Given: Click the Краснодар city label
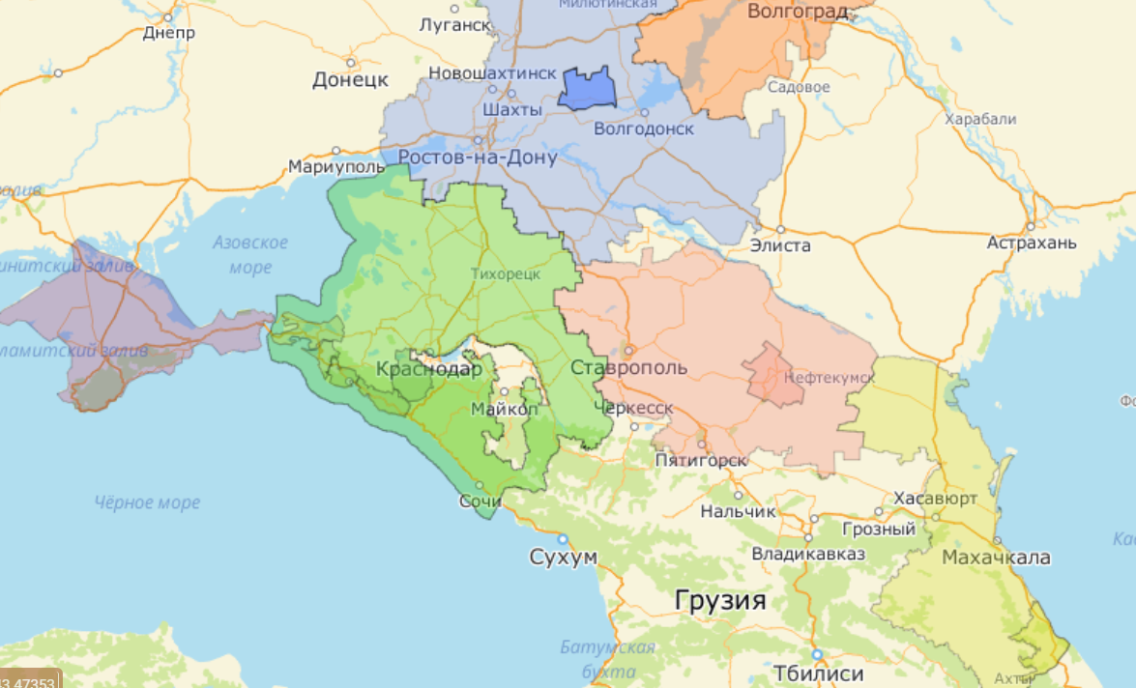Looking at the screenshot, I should click(x=428, y=368).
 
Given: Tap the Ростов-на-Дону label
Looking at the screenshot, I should click(x=478, y=158).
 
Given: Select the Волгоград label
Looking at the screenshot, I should click(x=798, y=12).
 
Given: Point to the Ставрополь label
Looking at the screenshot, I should click(x=628, y=368).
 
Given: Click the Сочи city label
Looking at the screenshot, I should click(x=481, y=502).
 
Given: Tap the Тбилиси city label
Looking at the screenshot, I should click(x=818, y=673).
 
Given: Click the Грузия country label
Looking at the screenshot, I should click(x=720, y=602).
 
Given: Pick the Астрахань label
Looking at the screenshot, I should click(x=1032, y=243).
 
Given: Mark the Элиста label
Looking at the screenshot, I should click(x=780, y=245).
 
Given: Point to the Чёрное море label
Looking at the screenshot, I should click(x=148, y=502).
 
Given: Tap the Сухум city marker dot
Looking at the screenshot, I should click(x=562, y=538).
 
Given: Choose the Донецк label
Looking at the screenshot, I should click(x=350, y=79).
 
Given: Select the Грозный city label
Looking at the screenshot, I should click(x=879, y=530).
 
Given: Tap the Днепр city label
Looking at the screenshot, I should click(x=168, y=33).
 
